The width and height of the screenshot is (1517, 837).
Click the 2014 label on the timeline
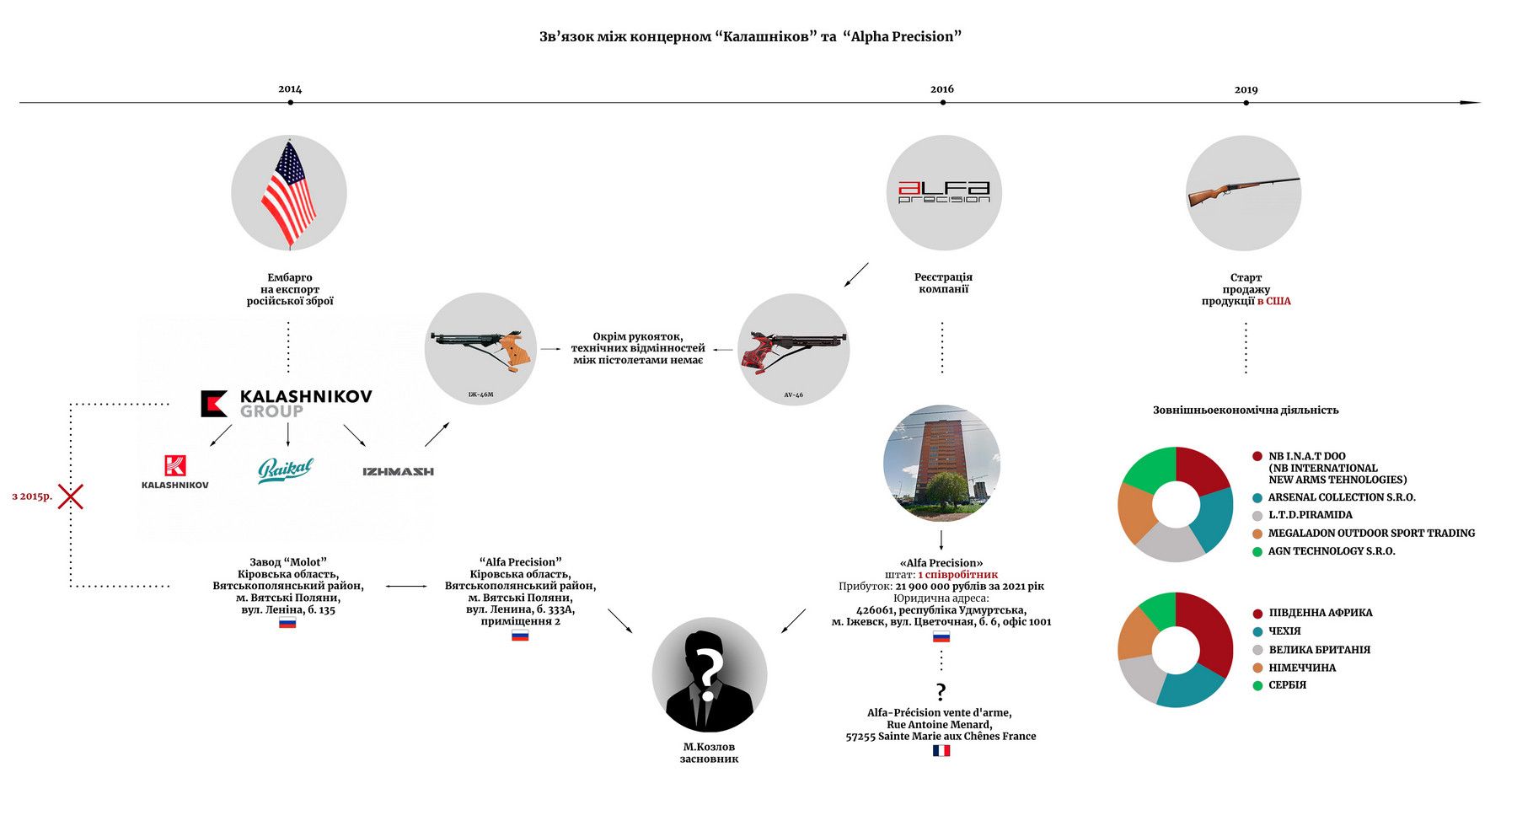coord(290,89)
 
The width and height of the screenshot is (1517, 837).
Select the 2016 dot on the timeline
coord(942,103)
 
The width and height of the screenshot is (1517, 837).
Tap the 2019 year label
coord(1246,90)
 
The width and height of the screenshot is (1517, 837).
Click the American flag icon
coord(289,193)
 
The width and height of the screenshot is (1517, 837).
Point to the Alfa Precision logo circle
coord(944,193)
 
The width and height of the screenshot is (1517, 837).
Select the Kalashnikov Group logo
coord(286,404)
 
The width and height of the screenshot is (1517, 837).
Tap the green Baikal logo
coord(286,470)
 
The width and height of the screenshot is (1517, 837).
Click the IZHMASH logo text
coord(398,472)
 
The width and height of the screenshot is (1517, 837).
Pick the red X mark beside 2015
coord(70,496)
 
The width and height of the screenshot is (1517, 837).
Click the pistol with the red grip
coord(793,350)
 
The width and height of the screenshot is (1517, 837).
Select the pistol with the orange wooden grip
coord(481,348)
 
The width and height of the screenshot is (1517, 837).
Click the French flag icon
coord(941,751)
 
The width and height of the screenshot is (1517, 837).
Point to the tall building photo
coord(941,464)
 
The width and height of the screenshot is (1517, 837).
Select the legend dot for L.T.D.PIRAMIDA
coord(1257,516)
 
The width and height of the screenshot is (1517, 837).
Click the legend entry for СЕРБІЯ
coord(1279,685)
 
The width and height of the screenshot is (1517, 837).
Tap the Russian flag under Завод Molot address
coord(287,624)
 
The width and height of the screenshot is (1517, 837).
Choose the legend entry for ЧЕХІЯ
coord(1277,631)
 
